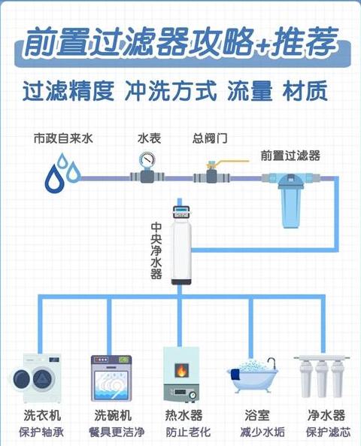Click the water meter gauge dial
147,159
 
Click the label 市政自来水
63,138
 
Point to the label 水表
150,138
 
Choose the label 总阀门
210,138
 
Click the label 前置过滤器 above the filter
290,156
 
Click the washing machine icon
36,378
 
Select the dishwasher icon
111,378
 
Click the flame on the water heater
181,370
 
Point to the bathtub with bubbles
253,375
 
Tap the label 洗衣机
42,415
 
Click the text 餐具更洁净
117,432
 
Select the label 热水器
184,415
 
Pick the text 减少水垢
262,432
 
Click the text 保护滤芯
328,432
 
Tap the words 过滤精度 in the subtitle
68,91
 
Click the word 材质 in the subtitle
305,91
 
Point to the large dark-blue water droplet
54,178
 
